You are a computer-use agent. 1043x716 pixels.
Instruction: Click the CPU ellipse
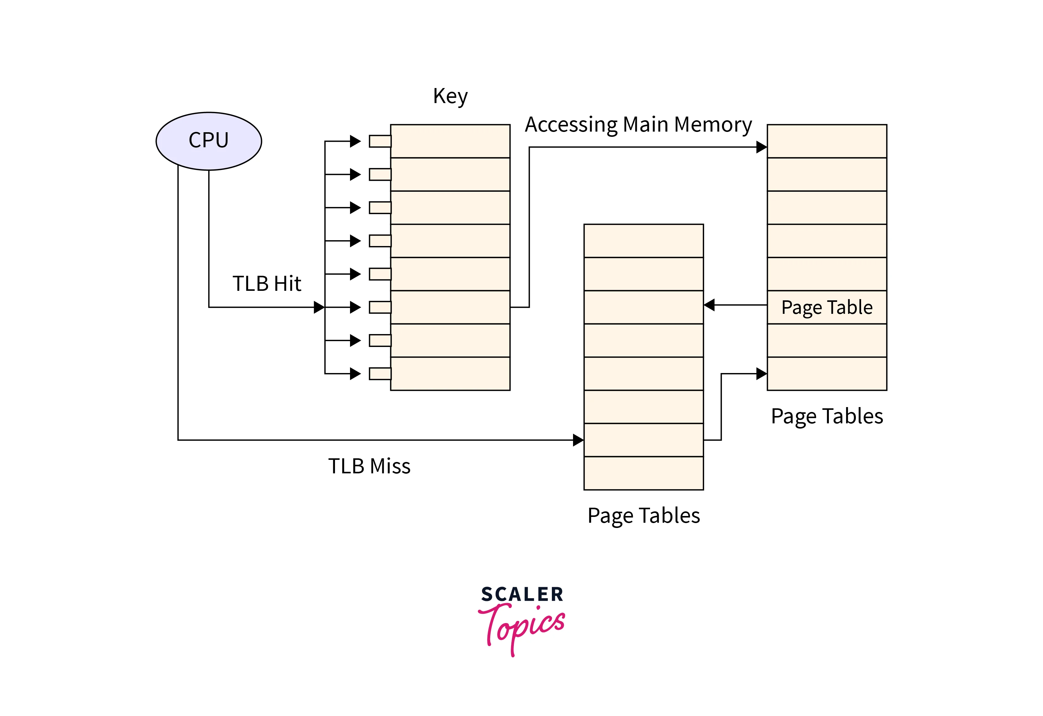(x=209, y=141)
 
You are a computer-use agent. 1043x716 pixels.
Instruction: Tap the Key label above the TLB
(x=450, y=96)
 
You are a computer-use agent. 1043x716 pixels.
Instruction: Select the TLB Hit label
(x=267, y=284)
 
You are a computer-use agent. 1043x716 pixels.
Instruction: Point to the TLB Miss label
(x=369, y=466)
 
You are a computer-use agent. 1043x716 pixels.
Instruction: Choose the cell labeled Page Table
(x=827, y=307)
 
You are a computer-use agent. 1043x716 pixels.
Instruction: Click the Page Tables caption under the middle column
(x=644, y=515)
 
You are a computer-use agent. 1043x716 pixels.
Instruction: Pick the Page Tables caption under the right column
(x=827, y=416)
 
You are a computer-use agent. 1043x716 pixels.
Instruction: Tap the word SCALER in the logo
(x=522, y=594)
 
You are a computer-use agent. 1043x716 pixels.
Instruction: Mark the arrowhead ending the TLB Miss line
(x=579, y=440)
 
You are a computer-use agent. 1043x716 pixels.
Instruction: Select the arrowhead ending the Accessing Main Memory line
(x=762, y=147)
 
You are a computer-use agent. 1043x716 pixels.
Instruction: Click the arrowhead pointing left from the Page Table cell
(x=710, y=305)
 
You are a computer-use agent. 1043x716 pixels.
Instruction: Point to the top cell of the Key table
(x=450, y=141)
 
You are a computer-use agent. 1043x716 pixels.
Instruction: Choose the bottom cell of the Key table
(x=450, y=373)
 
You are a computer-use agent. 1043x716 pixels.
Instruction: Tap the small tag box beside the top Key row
(x=380, y=141)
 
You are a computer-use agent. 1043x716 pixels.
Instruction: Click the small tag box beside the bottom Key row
(x=380, y=373)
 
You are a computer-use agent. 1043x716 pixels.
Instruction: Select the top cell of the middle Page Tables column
(x=644, y=241)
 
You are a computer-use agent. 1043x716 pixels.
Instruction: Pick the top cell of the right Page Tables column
(x=827, y=141)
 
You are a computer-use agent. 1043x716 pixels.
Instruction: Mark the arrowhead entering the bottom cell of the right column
(x=762, y=373)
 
